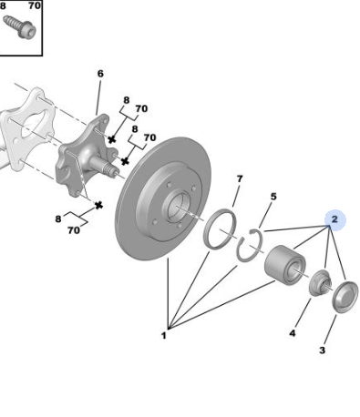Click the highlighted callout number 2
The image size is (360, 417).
point(334,219)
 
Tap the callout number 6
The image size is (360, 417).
point(100,74)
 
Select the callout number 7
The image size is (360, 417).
point(240,179)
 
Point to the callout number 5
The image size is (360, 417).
point(273,197)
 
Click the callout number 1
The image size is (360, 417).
point(164,336)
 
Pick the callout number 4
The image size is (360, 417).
point(293,333)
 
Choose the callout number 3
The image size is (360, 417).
point(322,351)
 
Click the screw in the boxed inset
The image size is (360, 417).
point(20,27)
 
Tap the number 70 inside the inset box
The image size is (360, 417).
point(35,5)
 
